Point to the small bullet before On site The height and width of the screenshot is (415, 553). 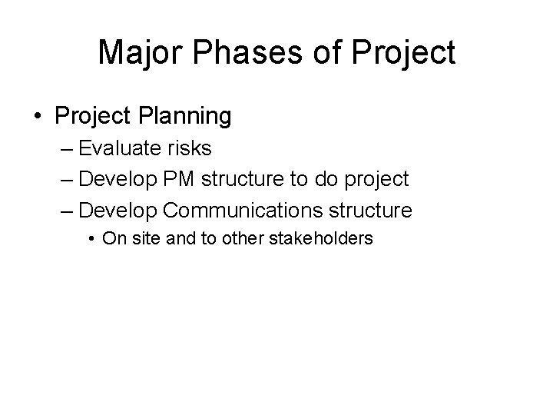pos(92,239)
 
